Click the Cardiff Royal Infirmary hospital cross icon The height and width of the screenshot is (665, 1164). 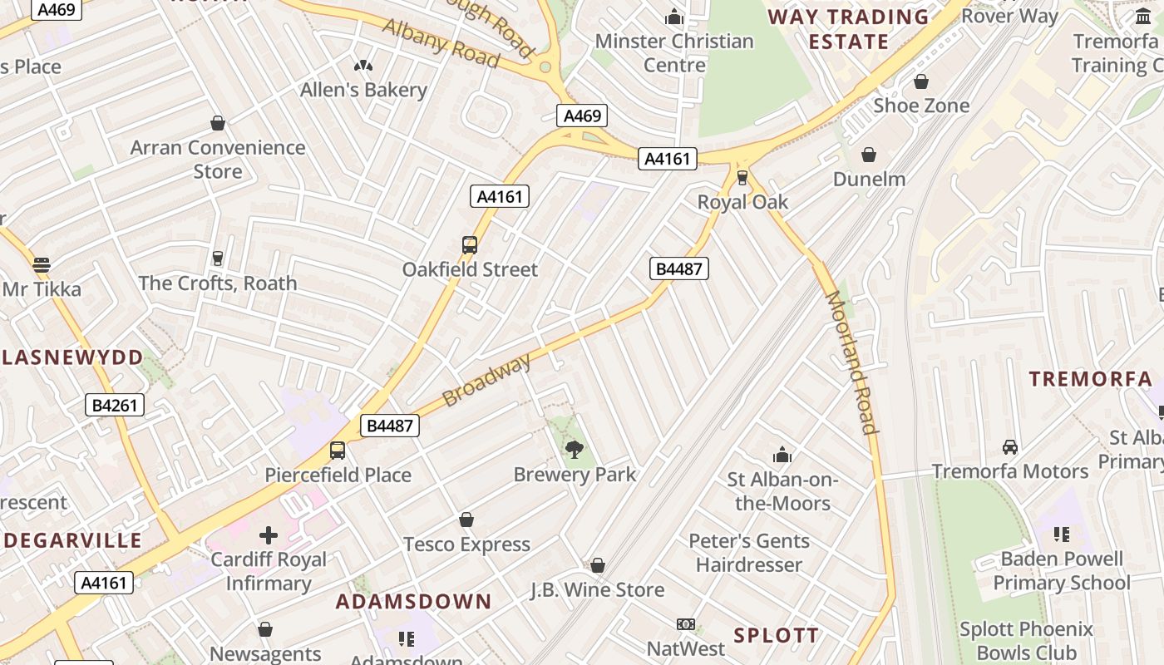(269, 535)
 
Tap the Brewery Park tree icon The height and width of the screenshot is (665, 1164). (574, 450)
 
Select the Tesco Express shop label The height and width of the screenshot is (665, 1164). (466, 544)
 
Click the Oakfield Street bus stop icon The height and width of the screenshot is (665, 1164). (470, 245)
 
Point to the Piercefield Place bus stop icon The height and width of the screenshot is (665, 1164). (338, 451)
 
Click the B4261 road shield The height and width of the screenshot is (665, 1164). (115, 406)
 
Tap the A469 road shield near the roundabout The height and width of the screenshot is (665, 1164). (582, 116)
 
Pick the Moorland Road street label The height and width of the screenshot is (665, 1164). (851, 362)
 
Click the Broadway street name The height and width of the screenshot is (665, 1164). (486, 380)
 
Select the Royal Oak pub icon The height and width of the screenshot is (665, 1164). (742, 177)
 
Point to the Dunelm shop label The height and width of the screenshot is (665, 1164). (869, 179)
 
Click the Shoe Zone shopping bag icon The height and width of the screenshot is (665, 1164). (921, 81)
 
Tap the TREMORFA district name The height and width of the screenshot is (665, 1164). (1090, 379)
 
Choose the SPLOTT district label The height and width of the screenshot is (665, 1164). (776, 635)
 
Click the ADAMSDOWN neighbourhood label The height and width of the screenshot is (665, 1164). (413, 601)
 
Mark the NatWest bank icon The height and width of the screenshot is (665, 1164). (686, 624)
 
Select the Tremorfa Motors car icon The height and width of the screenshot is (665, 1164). (1010, 447)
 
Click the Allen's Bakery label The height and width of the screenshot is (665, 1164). (363, 90)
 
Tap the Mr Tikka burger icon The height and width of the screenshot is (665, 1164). (42, 265)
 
